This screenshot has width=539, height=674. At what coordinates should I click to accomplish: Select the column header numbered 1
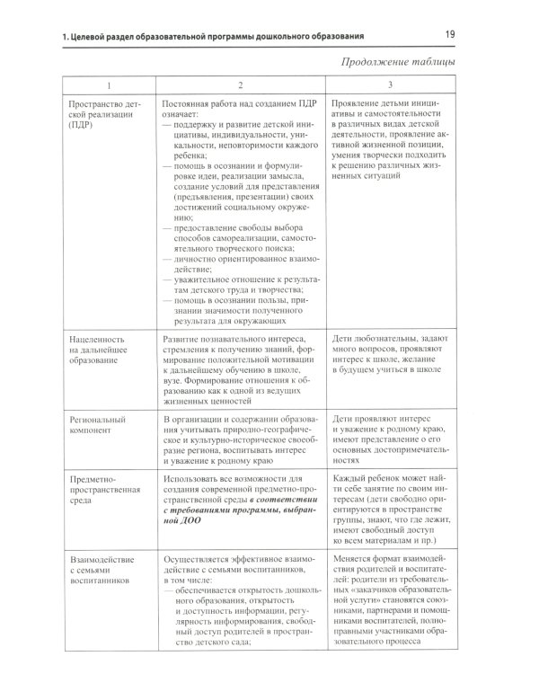[x=109, y=85]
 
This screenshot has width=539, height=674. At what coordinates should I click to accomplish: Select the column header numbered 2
[x=240, y=85]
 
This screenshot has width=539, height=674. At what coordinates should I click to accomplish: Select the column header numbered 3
[x=389, y=85]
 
